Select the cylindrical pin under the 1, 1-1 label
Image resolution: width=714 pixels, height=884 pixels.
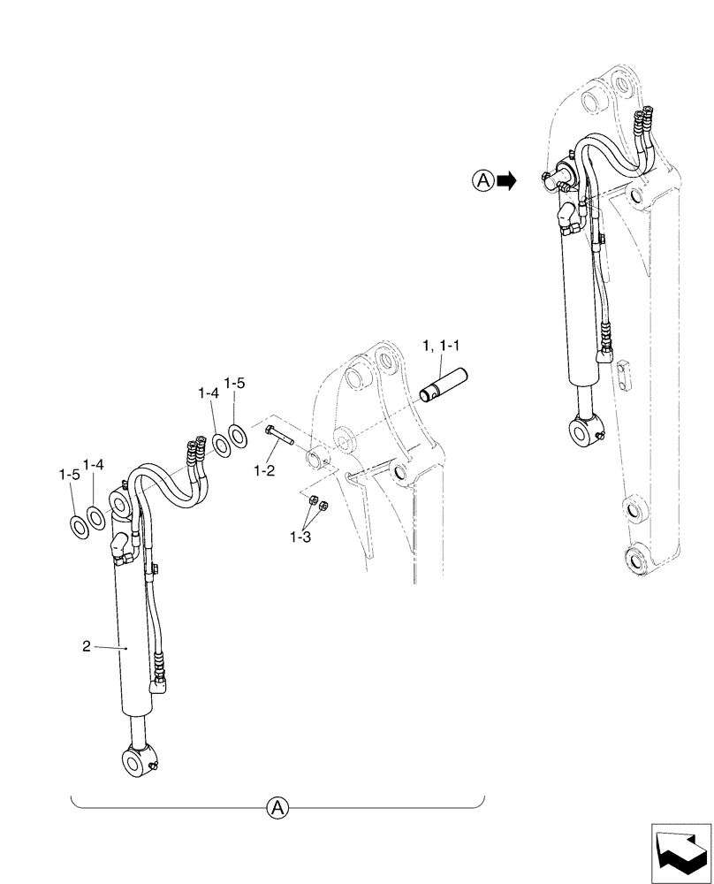tap(447, 387)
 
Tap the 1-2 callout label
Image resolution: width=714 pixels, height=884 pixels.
tap(264, 472)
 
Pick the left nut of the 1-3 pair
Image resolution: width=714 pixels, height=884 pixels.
tap(312, 502)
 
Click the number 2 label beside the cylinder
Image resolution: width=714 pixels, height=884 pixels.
tap(86, 647)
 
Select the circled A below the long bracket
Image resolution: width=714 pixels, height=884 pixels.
tap(277, 806)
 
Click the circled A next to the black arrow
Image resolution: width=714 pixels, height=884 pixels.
tap(482, 181)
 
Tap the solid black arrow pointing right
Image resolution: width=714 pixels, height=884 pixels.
tap(506, 181)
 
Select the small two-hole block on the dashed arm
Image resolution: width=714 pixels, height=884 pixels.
tap(626, 372)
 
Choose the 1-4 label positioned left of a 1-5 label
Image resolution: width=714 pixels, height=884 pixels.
tap(209, 392)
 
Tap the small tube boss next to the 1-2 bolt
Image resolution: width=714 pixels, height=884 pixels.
tap(316, 461)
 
